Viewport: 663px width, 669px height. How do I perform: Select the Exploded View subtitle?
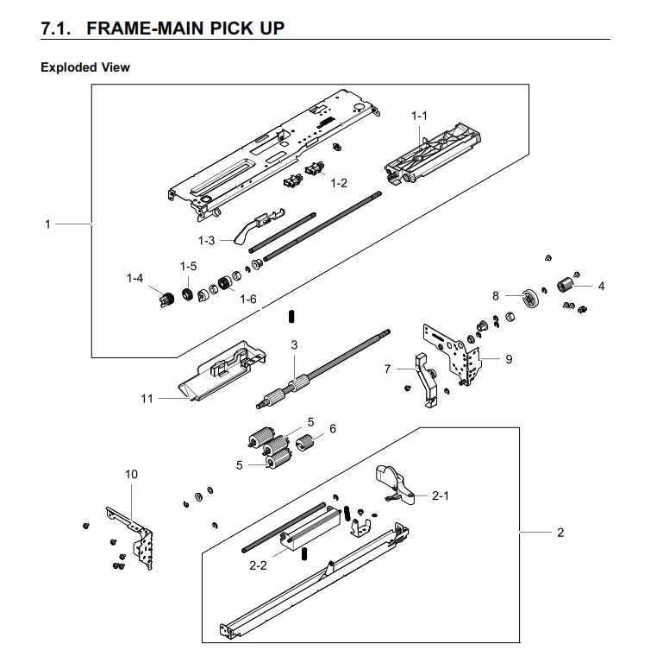click(85, 66)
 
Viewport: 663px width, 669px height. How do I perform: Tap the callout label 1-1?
click(419, 116)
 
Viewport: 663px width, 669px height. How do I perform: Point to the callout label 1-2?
click(338, 183)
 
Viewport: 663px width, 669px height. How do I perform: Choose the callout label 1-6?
click(248, 299)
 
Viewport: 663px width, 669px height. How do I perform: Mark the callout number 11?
click(147, 398)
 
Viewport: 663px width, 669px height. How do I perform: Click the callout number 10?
click(131, 474)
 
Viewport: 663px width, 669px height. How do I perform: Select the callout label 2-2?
click(258, 565)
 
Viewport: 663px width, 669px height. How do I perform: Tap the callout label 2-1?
click(441, 495)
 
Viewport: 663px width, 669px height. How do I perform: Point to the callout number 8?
click(496, 295)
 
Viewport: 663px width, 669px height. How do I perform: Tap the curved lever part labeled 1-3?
click(250, 229)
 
